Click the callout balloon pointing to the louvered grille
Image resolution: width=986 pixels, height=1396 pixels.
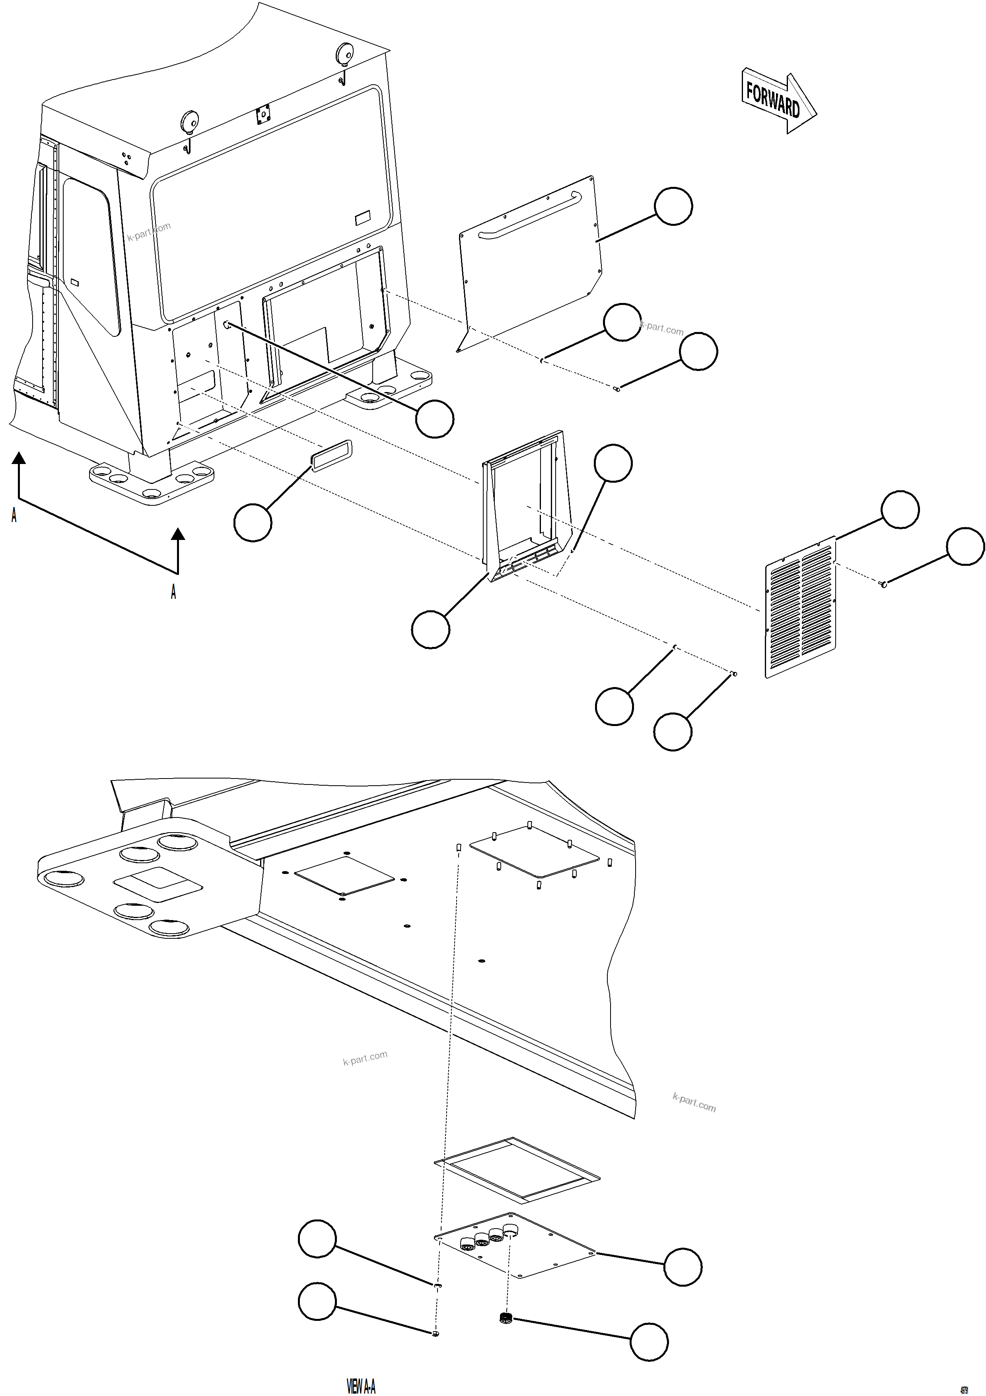pyautogui.click(x=900, y=509)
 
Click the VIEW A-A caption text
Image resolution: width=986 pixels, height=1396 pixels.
pyautogui.click(x=361, y=1386)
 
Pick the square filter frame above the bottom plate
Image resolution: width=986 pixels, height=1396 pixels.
pyautogui.click(x=517, y=1170)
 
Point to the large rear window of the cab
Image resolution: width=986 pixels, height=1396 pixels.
pyautogui.click(x=274, y=201)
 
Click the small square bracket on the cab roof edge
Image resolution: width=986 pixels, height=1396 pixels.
pyautogui.click(x=263, y=113)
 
